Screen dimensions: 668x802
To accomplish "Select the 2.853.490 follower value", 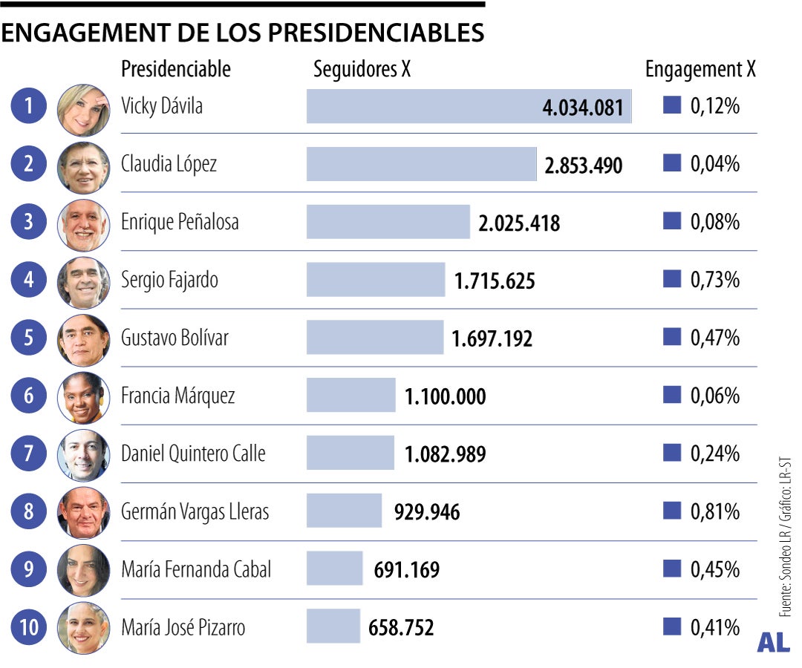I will click(583, 165).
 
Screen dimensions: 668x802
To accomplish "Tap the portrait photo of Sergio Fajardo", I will click(83, 282).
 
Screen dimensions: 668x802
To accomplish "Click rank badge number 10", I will click(29, 628).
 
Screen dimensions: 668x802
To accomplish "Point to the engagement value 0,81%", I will click(714, 511).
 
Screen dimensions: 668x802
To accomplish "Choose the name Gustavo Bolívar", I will click(175, 338).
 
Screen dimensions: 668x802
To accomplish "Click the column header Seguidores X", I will click(362, 70).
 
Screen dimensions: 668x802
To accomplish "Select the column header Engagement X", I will click(700, 70).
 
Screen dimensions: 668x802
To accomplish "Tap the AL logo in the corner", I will click(772, 644).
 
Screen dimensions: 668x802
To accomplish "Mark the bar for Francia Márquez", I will click(351, 396).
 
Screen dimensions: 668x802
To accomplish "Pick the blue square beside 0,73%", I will click(671, 280).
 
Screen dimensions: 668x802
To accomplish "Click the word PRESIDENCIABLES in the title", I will click(376, 33).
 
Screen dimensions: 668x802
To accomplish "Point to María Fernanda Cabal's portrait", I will click(83, 570).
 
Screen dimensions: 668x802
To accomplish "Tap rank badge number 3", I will click(29, 222).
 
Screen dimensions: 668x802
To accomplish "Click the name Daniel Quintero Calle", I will click(193, 453).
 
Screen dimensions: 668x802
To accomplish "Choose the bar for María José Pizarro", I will click(333, 627).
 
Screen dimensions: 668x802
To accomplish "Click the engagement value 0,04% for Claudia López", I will click(714, 164).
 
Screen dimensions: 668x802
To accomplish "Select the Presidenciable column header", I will click(176, 70).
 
